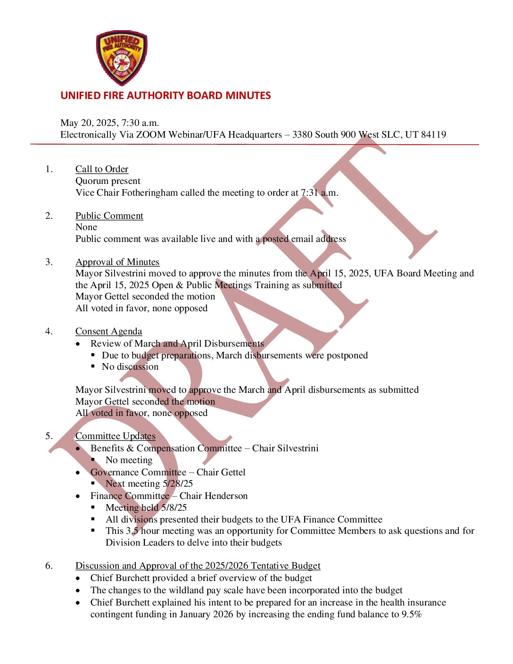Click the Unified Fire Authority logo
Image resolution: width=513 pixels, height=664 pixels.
[122, 58]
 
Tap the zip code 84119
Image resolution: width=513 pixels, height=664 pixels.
[433, 135]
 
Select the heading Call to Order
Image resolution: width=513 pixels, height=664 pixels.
[102, 169]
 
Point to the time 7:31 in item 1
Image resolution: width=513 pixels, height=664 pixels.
[309, 193]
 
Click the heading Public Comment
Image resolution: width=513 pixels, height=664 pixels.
[109, 216]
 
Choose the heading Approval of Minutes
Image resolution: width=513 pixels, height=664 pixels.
[117, 262]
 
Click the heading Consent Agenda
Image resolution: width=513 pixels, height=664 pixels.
[108, 332]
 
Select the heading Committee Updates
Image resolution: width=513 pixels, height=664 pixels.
[116, 436]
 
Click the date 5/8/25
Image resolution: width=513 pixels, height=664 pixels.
[174, 508]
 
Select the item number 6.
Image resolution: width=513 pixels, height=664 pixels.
[49, 566]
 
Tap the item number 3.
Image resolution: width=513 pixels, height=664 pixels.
[49, 262]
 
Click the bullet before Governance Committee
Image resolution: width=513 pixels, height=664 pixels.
[78, 473]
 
